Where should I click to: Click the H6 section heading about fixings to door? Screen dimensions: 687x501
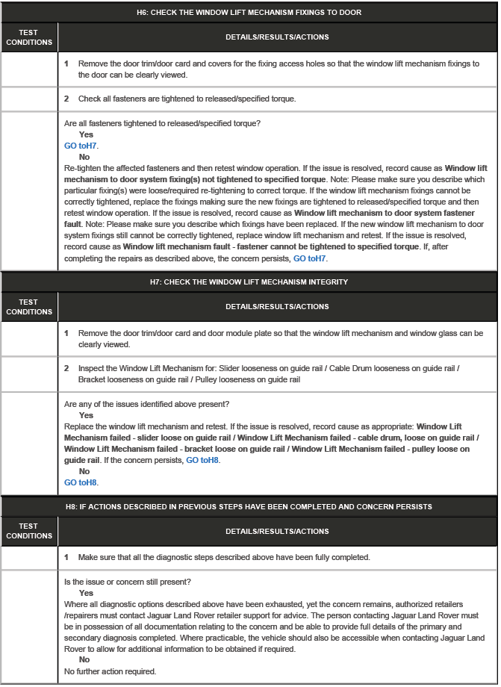249,13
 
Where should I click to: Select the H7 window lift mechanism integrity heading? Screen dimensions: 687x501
249,282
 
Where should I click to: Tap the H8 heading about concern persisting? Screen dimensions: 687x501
249,506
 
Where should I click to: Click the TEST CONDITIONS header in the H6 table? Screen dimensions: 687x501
29,37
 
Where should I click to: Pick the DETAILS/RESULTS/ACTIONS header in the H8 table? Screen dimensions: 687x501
277,531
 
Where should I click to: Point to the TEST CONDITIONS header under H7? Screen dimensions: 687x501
29,307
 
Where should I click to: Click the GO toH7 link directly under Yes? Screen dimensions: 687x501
81,146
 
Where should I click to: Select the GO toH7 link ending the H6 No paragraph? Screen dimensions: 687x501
310,258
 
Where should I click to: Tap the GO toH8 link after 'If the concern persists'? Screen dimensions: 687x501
203,460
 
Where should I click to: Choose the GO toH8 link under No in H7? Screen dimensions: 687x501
81,482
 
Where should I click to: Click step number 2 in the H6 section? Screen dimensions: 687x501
66,99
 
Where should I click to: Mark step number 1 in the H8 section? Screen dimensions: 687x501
66,557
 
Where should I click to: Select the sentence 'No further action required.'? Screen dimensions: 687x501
110,671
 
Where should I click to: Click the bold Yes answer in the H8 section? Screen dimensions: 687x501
86,593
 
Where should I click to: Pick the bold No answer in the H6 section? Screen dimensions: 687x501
84,157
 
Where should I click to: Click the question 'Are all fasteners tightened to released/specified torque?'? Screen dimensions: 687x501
167,123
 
